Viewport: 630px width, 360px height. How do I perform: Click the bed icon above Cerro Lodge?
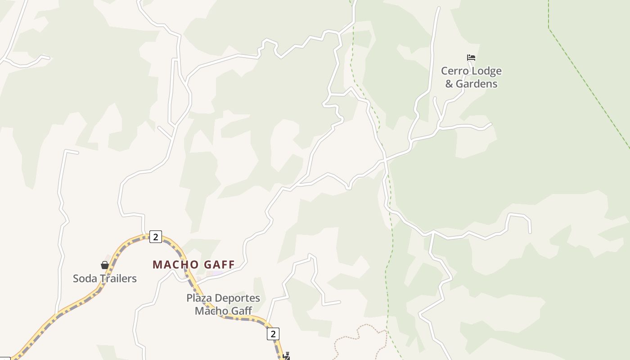pos(471,58)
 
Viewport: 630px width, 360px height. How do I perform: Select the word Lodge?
pos(486,71)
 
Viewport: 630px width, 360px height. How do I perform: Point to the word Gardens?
pos(477,84)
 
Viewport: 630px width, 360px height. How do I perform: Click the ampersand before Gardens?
pos(449,84)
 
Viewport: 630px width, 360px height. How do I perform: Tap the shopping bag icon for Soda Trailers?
pos(105,265)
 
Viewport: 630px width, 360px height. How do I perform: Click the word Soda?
pos(85,279)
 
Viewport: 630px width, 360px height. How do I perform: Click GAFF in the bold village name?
pos(220,265)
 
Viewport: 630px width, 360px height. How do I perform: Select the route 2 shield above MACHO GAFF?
pos(155,237)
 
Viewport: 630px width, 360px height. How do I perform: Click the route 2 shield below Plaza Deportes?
pos(273,334)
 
